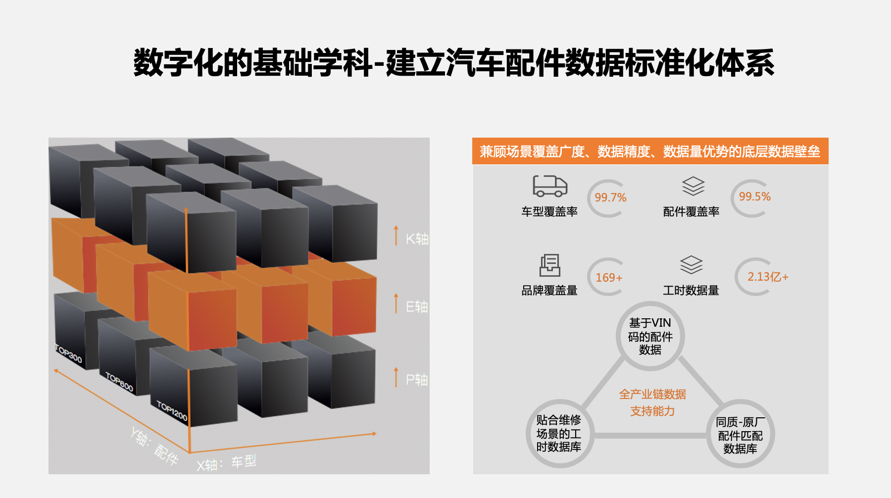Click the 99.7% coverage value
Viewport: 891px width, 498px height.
610,198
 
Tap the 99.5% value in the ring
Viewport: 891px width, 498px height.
755,197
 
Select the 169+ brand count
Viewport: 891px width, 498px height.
609,278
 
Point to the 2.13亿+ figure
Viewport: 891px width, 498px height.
768,277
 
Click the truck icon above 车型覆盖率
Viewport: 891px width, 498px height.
550,186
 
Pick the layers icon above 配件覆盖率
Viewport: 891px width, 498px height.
693,186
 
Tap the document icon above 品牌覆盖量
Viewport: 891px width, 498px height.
550,265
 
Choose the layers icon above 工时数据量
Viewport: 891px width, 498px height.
691,265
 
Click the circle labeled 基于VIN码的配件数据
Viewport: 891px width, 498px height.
650,337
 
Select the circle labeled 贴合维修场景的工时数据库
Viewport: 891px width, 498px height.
559,434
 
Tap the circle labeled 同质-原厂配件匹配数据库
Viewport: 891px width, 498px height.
740,435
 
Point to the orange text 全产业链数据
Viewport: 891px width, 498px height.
652,395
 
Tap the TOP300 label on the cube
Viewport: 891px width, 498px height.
69,353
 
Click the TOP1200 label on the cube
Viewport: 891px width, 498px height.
172,411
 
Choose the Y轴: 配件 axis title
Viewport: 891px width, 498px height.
154,447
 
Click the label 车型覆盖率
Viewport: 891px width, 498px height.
549,212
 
